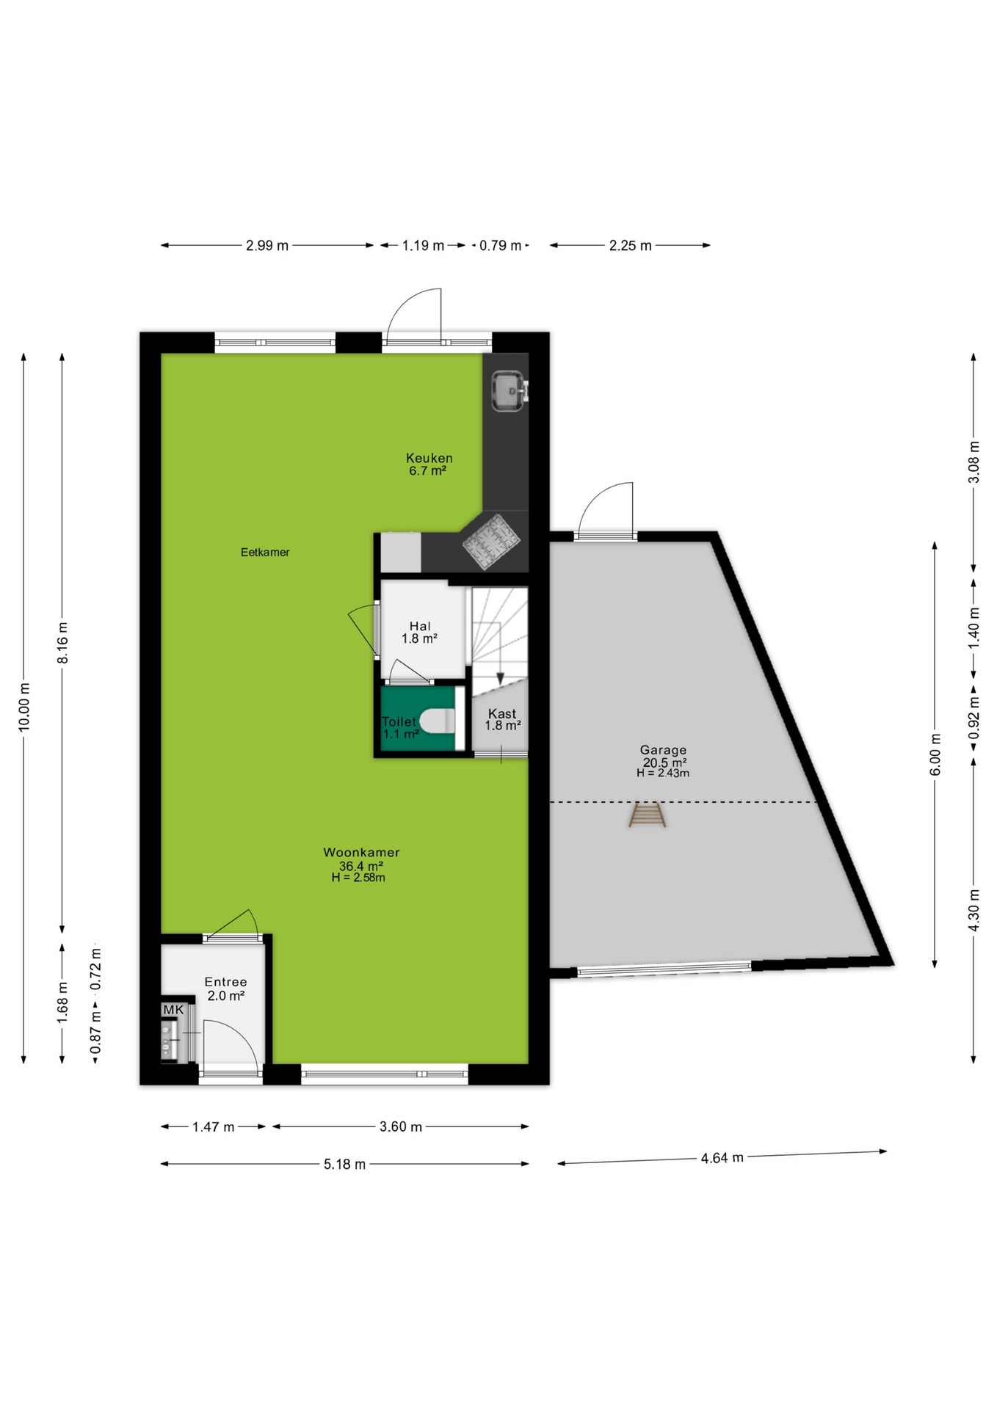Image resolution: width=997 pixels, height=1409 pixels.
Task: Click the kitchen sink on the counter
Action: click(x=509, y=391)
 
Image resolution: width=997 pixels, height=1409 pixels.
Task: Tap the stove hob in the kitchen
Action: click(x=491, y=542)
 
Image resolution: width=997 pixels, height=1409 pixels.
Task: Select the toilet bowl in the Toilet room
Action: click(x=438, y=721)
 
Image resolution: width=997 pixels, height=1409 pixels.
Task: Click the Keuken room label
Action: click(x=429, y=458)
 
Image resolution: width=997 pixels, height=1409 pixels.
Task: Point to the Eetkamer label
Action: click(x=265, y=553)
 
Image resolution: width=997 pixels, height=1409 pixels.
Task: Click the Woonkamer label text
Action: click(x=361, y=853)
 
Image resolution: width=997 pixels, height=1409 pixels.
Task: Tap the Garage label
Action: click(x=663, y=750)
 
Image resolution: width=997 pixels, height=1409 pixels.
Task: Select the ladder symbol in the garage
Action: click(x=647, y=815)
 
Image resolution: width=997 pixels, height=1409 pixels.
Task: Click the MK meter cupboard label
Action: click(x=173, y=1010)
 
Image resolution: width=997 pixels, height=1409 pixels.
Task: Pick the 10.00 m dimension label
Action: click(x=24, y=707)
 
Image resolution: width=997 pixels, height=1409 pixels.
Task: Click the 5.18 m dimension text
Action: click(x=344, y=1165)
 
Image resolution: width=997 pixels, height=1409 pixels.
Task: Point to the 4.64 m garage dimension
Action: click(x=722, y=1158)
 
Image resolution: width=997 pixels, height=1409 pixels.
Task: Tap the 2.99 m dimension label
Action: click(x=267, y=246)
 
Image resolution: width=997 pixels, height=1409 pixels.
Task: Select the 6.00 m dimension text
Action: click(x=935, y=754)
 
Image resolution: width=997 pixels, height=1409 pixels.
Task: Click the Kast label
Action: click(x=502, y=713)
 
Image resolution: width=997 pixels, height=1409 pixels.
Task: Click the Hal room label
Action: click(x=420, y=626)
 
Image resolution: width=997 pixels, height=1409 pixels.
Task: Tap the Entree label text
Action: click(x=225, y=982)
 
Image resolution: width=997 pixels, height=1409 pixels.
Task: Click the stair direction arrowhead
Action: click(x=499, y=678)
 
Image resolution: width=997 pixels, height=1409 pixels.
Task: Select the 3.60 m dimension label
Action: click(x=401, y=1126)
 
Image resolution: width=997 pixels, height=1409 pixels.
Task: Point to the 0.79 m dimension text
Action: click(x=500, y=246)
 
